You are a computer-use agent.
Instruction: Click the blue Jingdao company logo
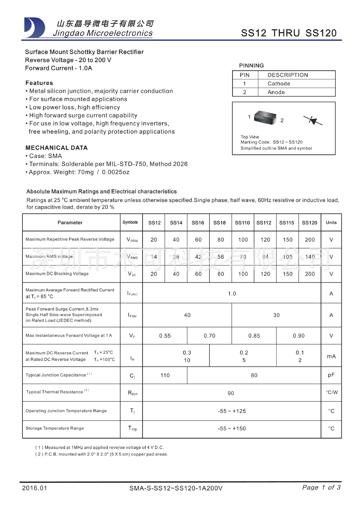tap(34, 28)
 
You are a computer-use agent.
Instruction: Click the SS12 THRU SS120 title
tap(289, 33)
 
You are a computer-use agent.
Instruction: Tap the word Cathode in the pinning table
tap(279, 84)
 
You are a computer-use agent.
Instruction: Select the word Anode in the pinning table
tap(276, 92)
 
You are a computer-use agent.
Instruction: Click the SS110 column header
tap(242, 223)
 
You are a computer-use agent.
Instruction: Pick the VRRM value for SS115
tap(288, 240)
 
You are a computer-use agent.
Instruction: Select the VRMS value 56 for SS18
tap(220, 257)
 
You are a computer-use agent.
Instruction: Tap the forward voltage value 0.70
tap(209, 336)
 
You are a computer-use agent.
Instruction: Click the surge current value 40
tap(187, 315)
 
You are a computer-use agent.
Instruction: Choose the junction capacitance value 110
tap(165, 375)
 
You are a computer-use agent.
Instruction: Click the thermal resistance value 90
tap(231, 393)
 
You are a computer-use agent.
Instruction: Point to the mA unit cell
tap(331, 356)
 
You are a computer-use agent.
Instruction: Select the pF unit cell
tap(331, 375)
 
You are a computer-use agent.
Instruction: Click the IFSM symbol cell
tap(132, 315)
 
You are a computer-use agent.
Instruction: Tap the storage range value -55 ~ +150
tap(232, 429)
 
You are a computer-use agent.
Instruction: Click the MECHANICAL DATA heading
tap(57, 148)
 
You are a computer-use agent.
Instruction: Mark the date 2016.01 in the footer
tap(34, 488)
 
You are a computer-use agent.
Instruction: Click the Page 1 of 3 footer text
tap(321, 488)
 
